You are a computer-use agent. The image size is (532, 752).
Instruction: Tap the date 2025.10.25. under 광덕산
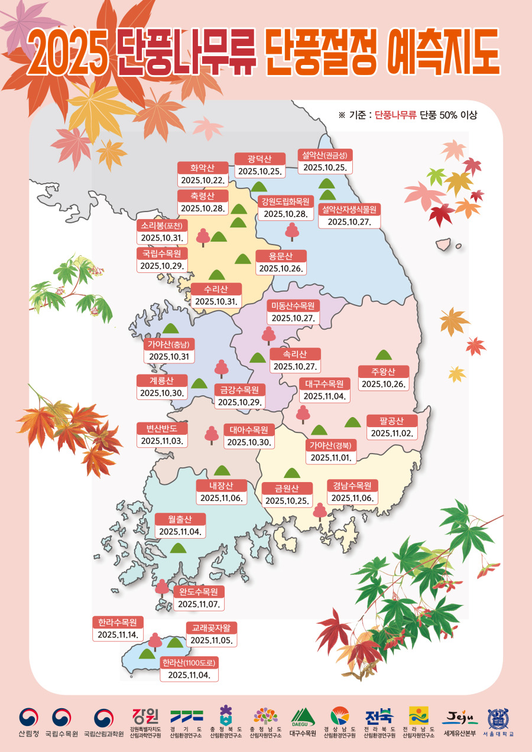pos(260,172)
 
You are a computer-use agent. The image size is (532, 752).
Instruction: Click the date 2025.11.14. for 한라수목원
pos(118,634)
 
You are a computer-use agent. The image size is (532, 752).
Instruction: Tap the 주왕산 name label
pos(384,372)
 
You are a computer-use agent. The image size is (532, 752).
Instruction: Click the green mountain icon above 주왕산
pos(384,354)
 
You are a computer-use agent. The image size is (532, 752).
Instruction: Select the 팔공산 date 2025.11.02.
pos(392,434)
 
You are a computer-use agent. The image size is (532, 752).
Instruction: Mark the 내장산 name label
pos(221,486)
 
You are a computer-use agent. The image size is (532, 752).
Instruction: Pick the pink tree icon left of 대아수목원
pos(211,434)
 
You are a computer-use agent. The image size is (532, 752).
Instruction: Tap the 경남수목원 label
pos(352,486)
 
